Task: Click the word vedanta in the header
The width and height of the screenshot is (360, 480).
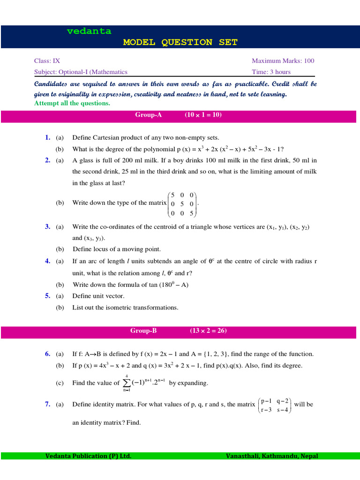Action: point(89,31)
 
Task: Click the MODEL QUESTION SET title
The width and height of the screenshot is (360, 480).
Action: point(180,42)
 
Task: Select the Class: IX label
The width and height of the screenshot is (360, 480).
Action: point(47,60)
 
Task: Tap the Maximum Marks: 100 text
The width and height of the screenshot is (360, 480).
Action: point(283,60)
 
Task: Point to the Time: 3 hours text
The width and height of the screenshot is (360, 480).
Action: point(271,72)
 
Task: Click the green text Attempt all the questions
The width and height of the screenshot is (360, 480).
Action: point(72,103)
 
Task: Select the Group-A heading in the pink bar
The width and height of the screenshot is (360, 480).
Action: point(148,115)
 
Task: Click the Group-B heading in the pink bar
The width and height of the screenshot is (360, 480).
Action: point(143,330)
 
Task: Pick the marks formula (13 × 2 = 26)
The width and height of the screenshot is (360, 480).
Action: point(208,330)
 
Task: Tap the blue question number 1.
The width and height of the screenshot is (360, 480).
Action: point(47,137)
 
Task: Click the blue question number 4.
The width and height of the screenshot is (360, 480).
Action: point(47,261)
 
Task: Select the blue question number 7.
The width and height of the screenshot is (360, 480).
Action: point(47,404)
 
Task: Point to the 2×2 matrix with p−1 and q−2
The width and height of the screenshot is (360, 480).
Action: point(275,405)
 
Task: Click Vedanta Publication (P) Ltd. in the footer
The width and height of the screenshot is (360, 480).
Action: point(88,456)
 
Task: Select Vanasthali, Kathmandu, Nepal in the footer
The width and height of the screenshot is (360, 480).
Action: point(271,456)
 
